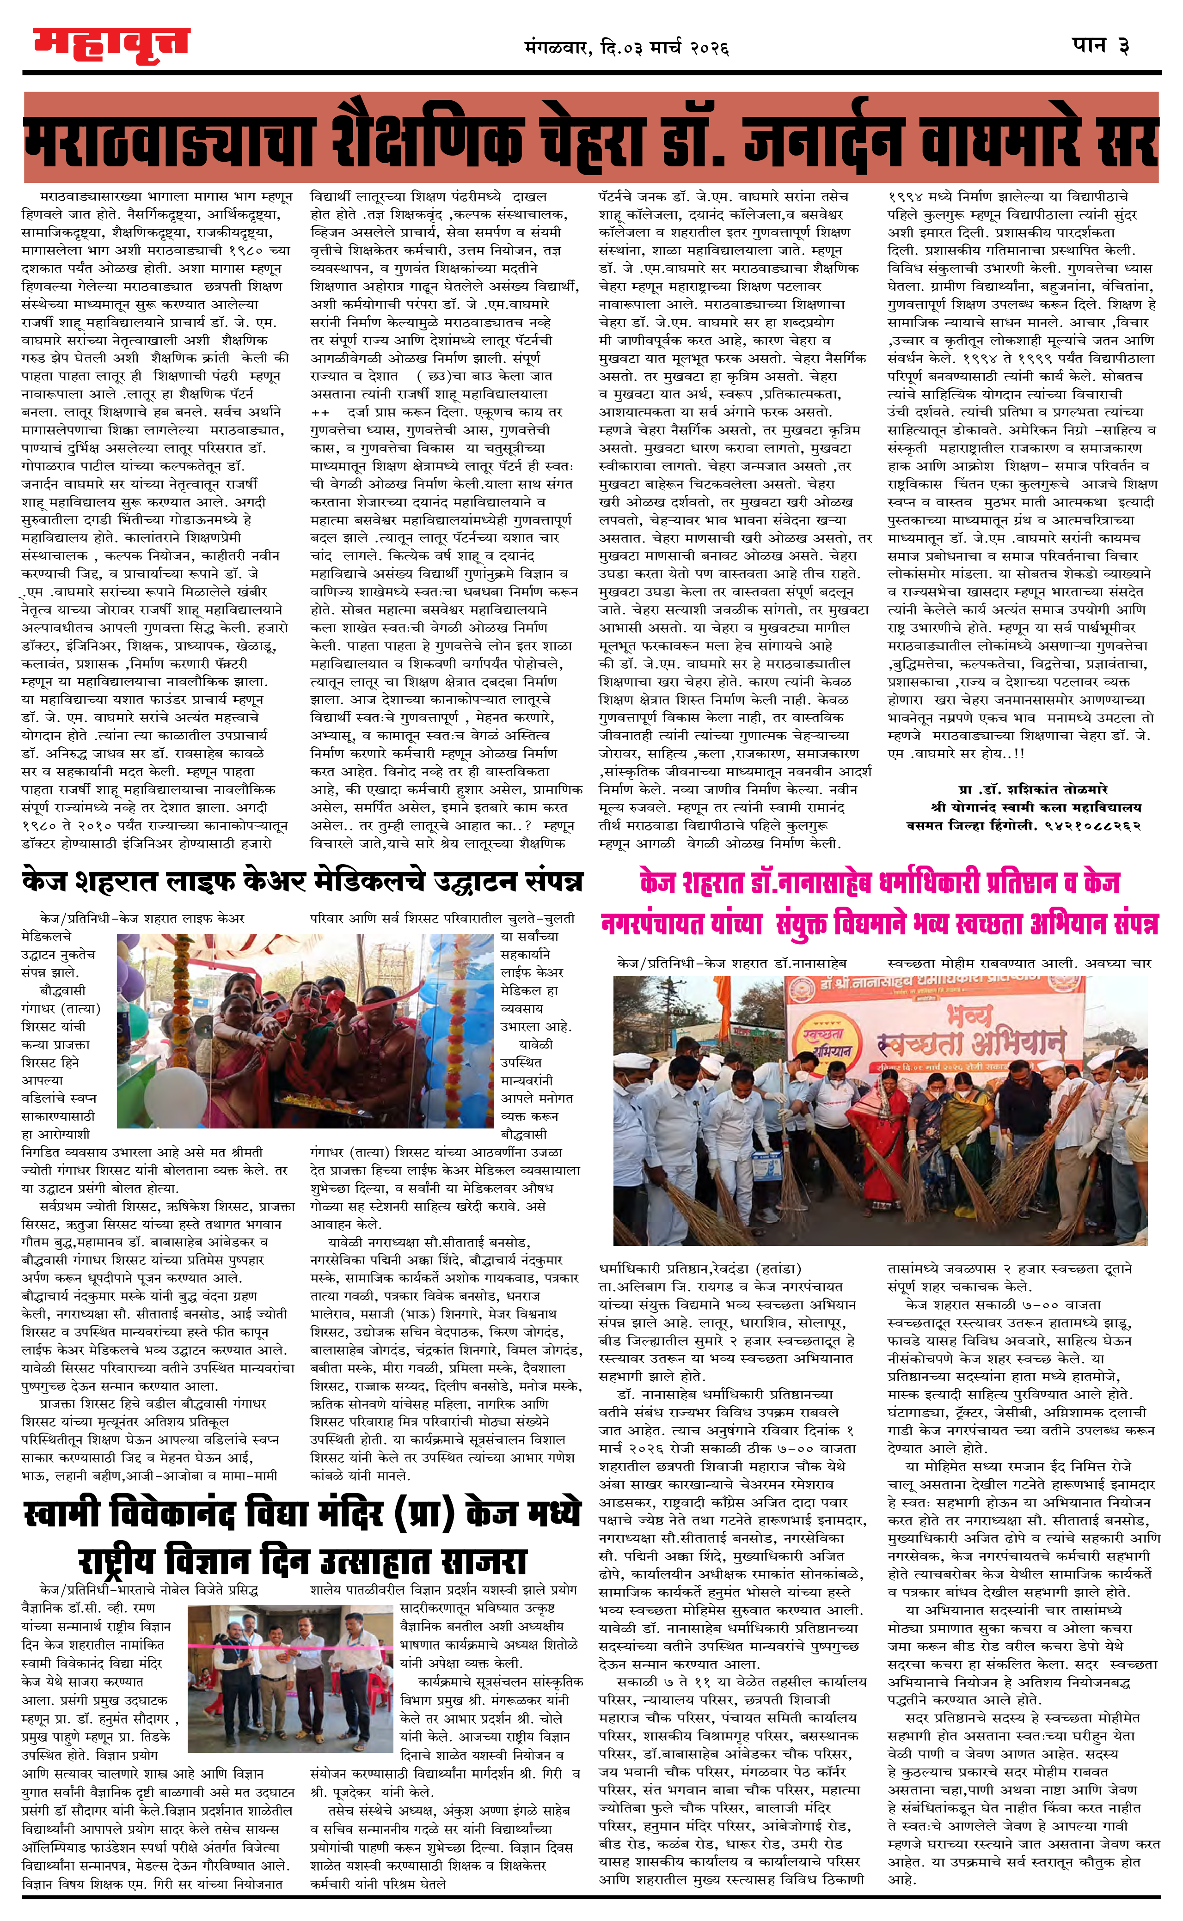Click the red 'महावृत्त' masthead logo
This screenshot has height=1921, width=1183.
pyautogui.click(x=111, y=44)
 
